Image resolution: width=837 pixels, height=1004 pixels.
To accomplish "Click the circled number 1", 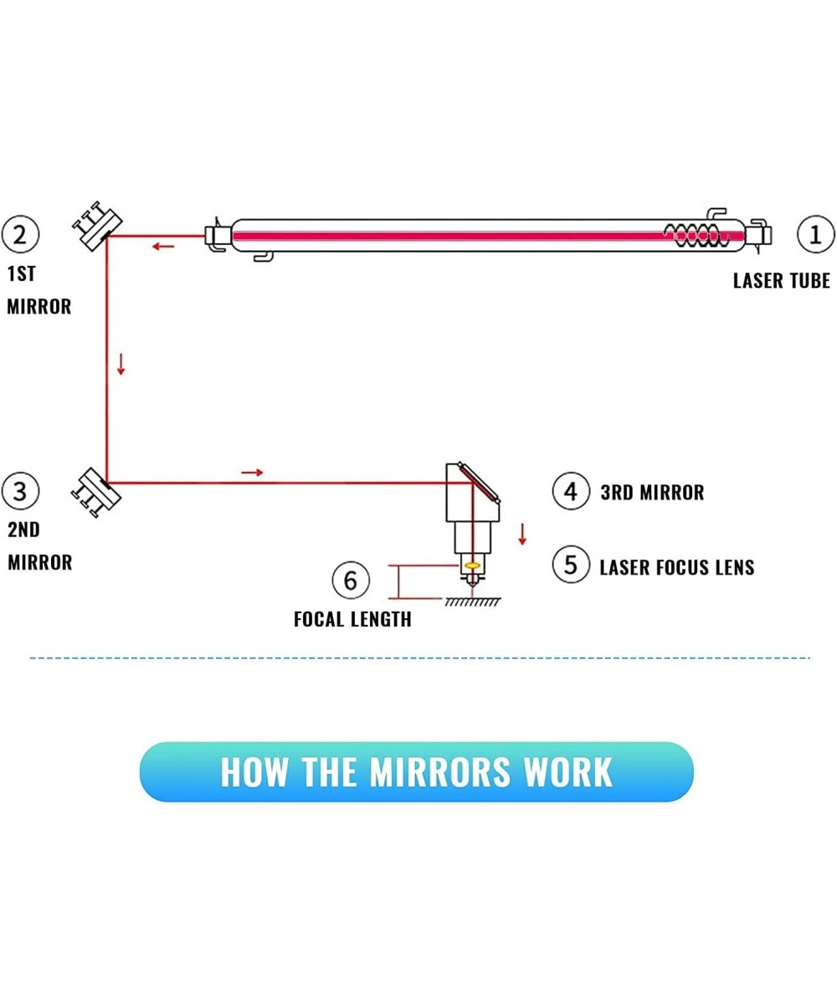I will [815, 234].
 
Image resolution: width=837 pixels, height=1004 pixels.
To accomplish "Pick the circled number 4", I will [570, 491].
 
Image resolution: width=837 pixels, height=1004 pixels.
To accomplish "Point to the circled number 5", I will [570, 566].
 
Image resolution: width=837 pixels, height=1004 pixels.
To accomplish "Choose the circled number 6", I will [350, 580].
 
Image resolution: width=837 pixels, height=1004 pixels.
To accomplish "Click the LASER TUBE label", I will [781, 281].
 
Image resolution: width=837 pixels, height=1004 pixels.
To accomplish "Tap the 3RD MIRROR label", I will [652, 493].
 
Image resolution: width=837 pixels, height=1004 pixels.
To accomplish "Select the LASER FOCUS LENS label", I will [676, 567].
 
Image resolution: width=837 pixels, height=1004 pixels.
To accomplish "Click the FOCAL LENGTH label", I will [352, 619].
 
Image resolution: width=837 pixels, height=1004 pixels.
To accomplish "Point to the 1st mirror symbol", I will [97, 225].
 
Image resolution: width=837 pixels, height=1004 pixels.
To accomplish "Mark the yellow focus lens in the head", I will [472, 566].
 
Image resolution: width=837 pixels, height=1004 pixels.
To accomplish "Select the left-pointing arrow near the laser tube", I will [163, 246].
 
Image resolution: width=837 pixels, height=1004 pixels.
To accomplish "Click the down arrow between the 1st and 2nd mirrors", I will [121, 364].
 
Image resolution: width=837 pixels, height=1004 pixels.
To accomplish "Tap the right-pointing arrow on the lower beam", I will [252, 473].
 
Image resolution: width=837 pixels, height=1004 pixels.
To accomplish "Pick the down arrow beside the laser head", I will [522, 534].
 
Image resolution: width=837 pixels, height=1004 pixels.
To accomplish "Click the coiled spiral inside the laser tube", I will [696, 235].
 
